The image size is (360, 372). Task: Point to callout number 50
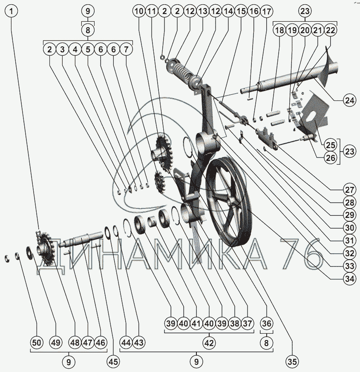pos(37,342)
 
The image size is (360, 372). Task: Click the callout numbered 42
pos(209,342)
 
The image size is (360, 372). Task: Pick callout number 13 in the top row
pos(202,12)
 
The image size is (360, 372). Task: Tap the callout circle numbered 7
pos(126,49)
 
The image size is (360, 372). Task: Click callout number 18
pos(279,30)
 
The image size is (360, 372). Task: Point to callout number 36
pos(266,323)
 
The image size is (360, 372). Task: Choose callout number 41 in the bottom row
pos(196,323)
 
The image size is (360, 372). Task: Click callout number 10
pos(138,12)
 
